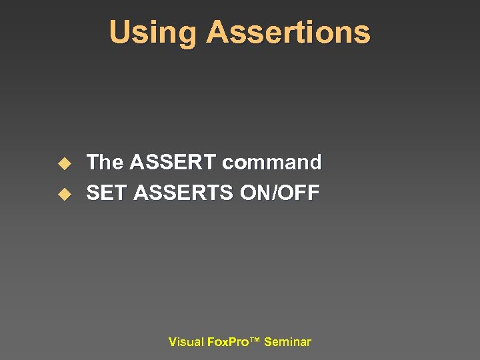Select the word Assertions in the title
pos(288,32)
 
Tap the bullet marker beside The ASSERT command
pos(64,163)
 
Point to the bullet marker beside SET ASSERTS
pos(64,195)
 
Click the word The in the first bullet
pos(105,162)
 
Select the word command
pos(272,162)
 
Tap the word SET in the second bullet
pos(107,193)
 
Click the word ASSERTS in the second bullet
pos(183,193)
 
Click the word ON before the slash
pos(254,193)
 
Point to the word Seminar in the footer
pos(287,342)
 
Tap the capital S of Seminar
pos(267,342)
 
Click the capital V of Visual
pos(172,342)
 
